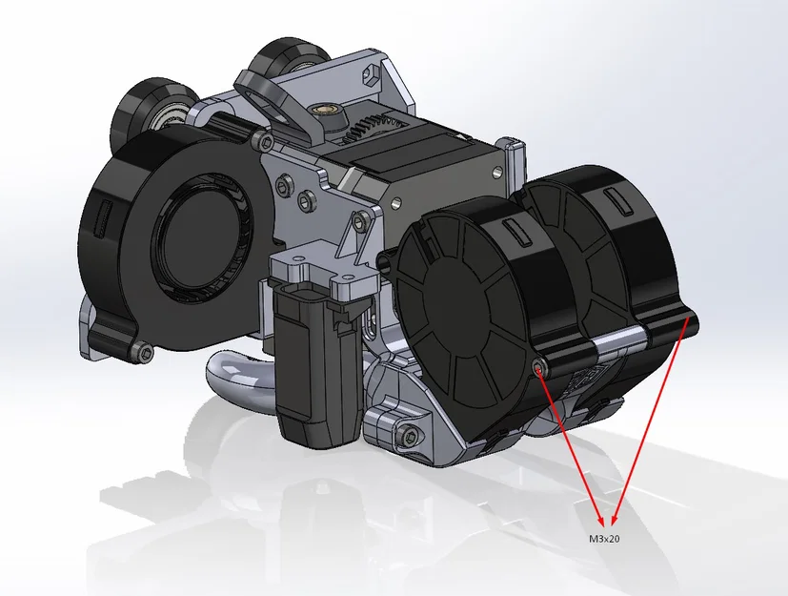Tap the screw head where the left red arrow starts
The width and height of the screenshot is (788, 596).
tap(540, 367)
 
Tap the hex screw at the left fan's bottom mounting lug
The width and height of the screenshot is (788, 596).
tap(144, 354)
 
